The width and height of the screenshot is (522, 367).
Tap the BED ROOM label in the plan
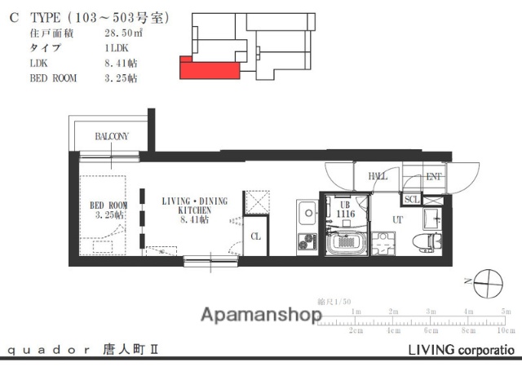tap(108, 210)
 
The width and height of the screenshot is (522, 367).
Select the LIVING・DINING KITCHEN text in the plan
tap(197, 210)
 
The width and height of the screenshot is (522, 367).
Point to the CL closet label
tap(255, 237)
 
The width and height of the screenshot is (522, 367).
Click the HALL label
tap(378, 176)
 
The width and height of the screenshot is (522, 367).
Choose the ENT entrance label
tap(434, 176)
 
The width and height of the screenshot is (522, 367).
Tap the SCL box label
tap(412, 199)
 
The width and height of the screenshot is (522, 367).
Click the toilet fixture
tap(423, 241)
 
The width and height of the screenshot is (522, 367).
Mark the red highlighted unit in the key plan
tap(209, 69)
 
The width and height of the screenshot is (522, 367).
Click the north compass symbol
tap(489, 283)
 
